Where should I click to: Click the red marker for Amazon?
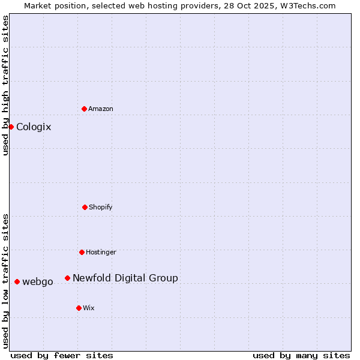click(84, 109)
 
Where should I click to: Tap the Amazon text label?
click(101, 109)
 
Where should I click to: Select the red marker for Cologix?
click(11, 127)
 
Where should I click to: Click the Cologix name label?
click(34, 127)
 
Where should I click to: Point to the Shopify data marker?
click(85, 207)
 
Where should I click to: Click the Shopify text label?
click(101, 208)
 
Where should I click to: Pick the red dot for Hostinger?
click(82, 252)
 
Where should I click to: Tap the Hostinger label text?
click(101, 253)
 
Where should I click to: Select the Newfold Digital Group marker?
click(67, 278)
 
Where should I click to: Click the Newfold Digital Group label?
click(125, 278)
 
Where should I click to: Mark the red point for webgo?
click(17, 281)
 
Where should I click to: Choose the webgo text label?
click(38, 282)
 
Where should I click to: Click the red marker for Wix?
click(79, 308)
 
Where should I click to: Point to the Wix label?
click(89, 308)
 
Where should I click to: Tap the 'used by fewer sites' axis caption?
click(62, 356)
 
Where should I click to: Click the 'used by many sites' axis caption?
click(301, 356)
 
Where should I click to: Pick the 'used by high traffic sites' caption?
click(5, 85)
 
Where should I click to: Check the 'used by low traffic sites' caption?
click(5, 281)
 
